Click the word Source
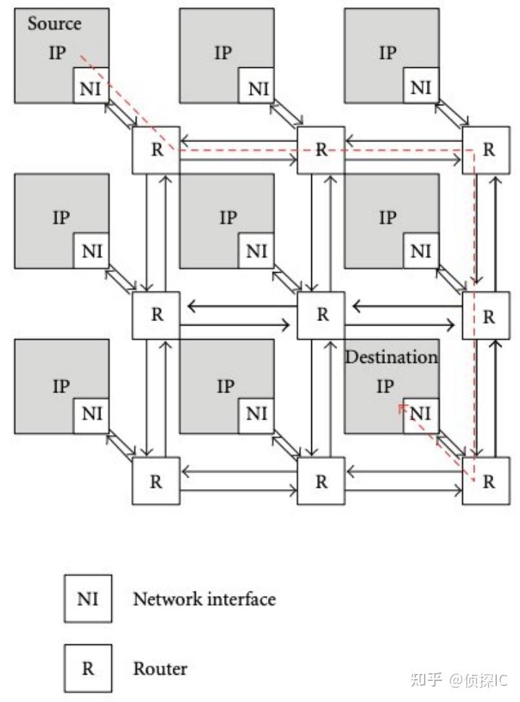click(x=54, y=23)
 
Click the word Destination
click(x=391, y=357)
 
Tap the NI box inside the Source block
click(x=91, y=86)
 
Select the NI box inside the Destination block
click(x=420, y=416)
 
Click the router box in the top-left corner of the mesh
click(x=156, y=150)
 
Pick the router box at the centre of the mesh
click(x=321, y=315)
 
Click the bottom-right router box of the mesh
click(x=486, y=481)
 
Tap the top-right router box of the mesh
click(x=486, y=150)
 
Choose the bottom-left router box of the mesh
click(x=156, y=481)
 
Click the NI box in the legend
click(x=88, y=599)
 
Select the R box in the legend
click(x=88, y=668)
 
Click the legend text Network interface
click(x=204, y=599)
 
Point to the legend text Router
click(x=160, y=668)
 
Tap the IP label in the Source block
click(x=57, y=53)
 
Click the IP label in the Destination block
click(x=385, y=386)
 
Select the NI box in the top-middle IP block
click(x=256, y=86)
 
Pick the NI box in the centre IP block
click(x=256, y=251)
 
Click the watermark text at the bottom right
click(x=459, y=680)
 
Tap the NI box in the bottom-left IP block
click(x=91, y=416)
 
